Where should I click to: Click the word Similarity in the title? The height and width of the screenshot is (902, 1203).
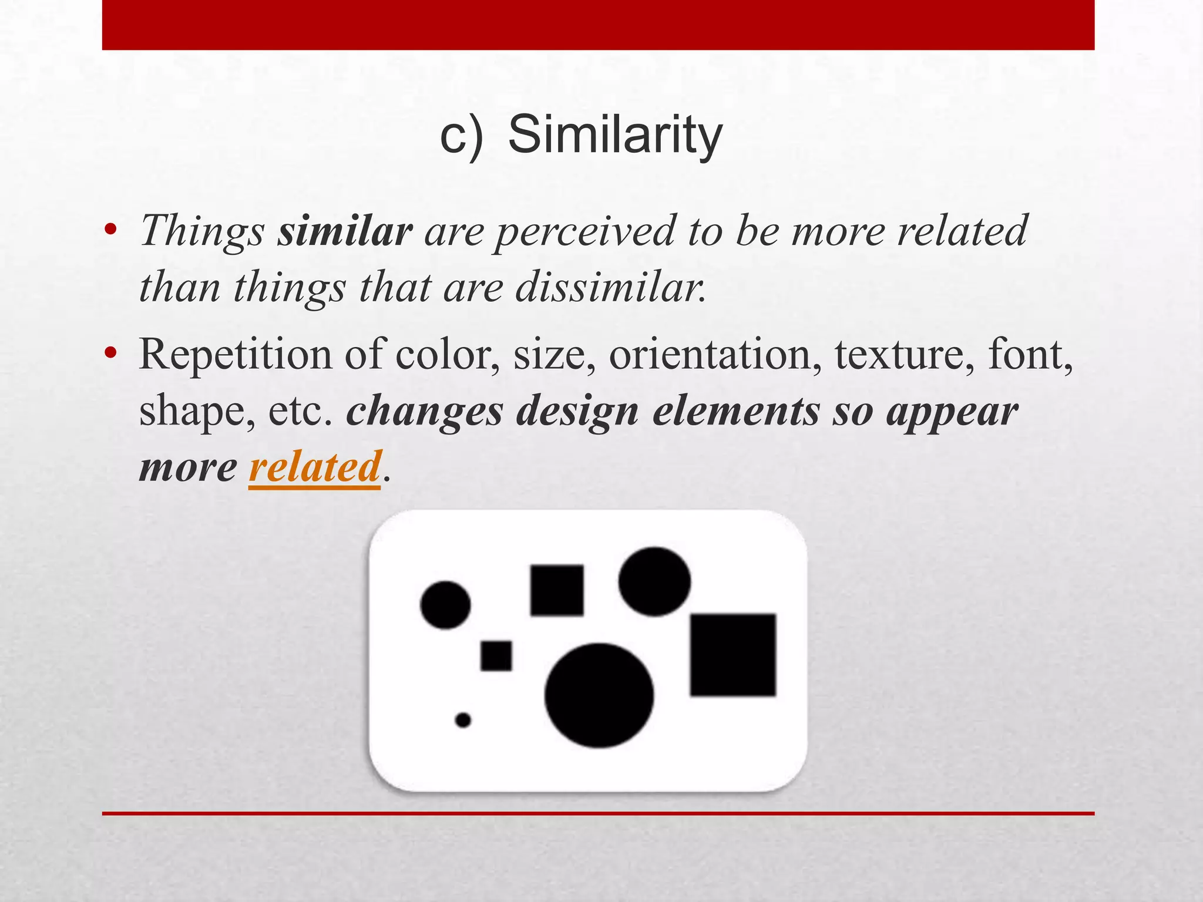tap(614, 136)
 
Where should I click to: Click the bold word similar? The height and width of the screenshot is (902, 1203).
tap(345, 231)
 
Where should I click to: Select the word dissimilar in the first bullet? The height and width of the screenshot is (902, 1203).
tap(610, 288)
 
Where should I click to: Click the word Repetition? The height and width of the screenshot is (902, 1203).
tap(235, 355)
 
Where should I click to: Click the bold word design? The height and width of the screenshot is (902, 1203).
tap(577, 411)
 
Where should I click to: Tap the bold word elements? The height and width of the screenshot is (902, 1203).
tap(736, 411)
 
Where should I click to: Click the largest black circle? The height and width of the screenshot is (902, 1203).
tap(599, 695)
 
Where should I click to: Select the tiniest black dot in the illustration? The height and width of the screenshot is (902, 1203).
tap(463, 719)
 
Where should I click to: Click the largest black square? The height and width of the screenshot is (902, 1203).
tap(732, 655)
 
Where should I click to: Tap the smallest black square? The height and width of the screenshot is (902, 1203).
tap(496, 655)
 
